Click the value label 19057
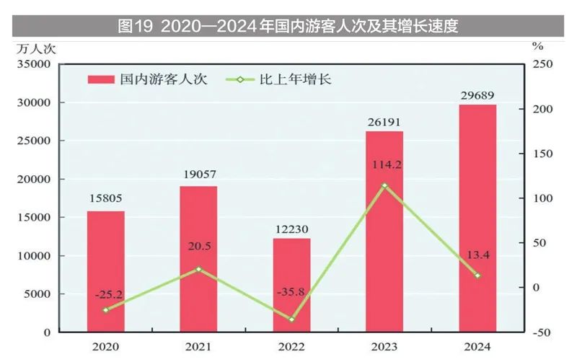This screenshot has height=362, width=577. pyautogui.click(x=199, y=174)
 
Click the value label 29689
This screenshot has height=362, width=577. pyautogui.click(x=477, y=93)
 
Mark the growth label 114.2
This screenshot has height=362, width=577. pyautogui.click(x=385, y=164)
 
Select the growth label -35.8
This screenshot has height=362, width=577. pyautogui.click(x=291, y=292)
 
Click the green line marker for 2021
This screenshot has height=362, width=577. pyautogui.click(x=199, y=269)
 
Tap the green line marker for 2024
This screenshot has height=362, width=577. pyautogui.click(x=477, y=275)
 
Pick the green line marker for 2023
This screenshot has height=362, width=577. pyautogui.click(x=384, y=185)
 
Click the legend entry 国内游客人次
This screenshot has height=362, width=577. pyautogui.click(x=147, y=79)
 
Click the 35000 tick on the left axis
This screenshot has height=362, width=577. pyautogui.click(x=33, y=64)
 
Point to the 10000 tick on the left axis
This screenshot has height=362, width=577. pyautogui.click(x=33, y=255)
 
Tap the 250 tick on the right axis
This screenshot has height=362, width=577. pyautogui.click(x=542, y=64)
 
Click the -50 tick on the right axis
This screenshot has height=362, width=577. pyautogui.click(x=542, y=332)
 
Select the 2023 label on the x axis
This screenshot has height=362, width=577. pyautogui.click(x=384, y=347)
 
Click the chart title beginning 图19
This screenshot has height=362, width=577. pyautogui.click(x=288, y=27)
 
